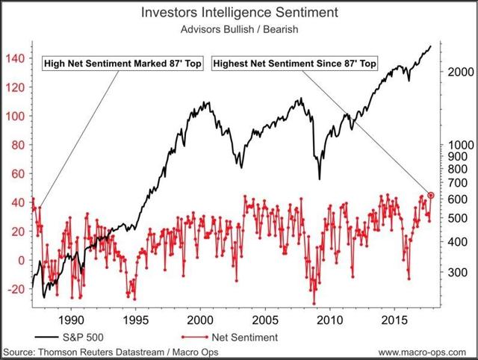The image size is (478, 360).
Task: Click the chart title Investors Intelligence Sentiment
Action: point(238,13)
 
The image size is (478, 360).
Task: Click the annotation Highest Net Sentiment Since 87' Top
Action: point(295,63)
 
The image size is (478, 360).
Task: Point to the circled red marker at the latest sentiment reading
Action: point(431,194)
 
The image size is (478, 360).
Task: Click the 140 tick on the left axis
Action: point(15,58)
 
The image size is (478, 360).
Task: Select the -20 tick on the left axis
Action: point(15,289)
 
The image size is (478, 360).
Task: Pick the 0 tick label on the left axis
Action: point(20,261)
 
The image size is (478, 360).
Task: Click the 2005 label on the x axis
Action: point(262,317)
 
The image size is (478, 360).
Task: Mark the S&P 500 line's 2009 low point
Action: point(320,179)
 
